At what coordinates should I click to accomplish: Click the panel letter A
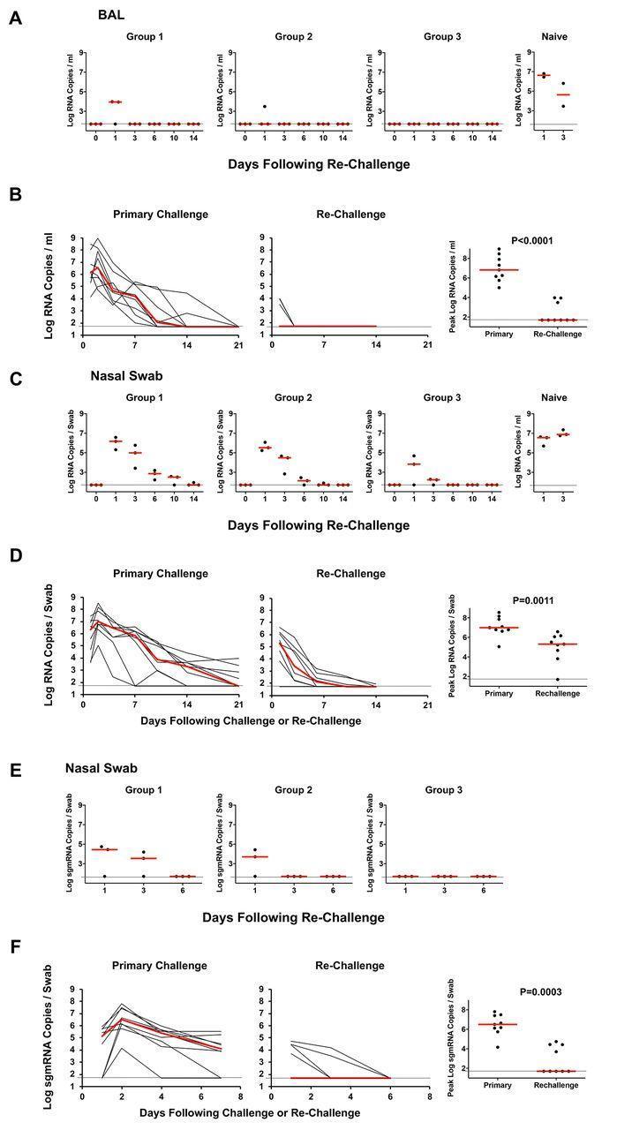(x=14, y=17)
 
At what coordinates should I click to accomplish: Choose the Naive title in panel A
(x=553, y=37)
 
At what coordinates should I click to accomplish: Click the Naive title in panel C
(x=553, y=397)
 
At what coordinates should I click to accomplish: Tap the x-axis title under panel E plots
(x=293, y=917)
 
